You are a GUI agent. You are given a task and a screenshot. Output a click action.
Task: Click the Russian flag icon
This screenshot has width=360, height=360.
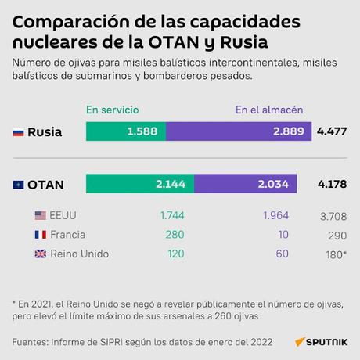tap(18, 133)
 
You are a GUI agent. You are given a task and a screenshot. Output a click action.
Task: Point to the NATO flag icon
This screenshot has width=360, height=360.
tap(18, 185)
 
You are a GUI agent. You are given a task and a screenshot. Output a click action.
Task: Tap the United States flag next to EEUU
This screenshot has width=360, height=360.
tap(41, 215)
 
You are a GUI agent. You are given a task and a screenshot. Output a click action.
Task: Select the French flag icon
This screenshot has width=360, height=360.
tap(41, 235)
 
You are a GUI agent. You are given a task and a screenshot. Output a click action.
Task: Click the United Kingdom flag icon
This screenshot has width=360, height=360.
tap(41, 254)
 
